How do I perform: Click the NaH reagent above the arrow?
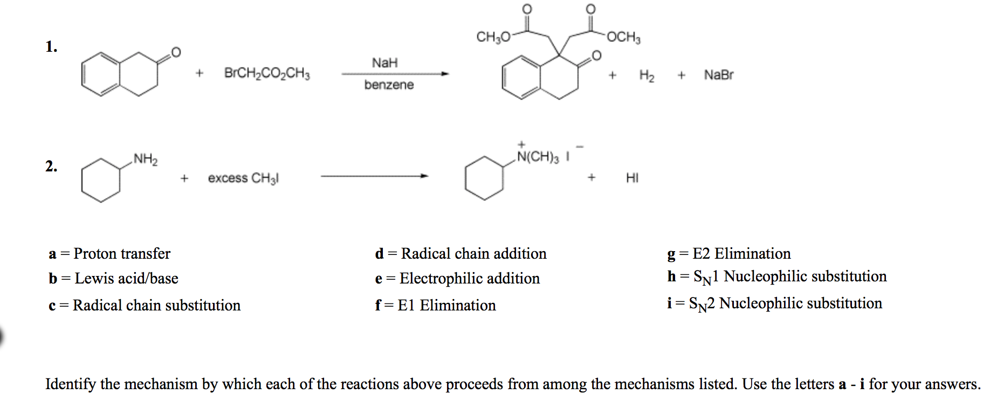(384, 63)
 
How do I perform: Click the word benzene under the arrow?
(389, 85)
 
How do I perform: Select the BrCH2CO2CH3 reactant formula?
(267, 73)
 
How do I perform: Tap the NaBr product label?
(718, 75)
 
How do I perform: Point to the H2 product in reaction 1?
(647, 75)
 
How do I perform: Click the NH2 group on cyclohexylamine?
(146, 159)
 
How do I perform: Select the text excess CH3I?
(243, 178)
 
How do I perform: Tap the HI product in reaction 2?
(632, 178)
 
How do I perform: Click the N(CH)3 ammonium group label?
(538, 157)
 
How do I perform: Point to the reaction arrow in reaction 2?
(374, 176)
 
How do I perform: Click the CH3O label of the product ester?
(493, 37)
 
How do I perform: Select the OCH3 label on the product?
(623, 37)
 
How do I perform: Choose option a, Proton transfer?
(109, 253)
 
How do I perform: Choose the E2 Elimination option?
(729, 253)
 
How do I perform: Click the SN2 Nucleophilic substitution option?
(774, 303)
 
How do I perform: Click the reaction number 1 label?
(51, 47)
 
